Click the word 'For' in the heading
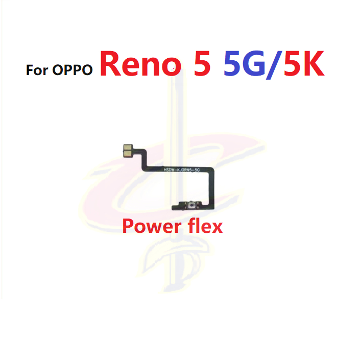tap(38, 69)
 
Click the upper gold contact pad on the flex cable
tap(127, 146)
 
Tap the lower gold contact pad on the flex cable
tap(127, 152)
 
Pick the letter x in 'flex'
tap(217, 226)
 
